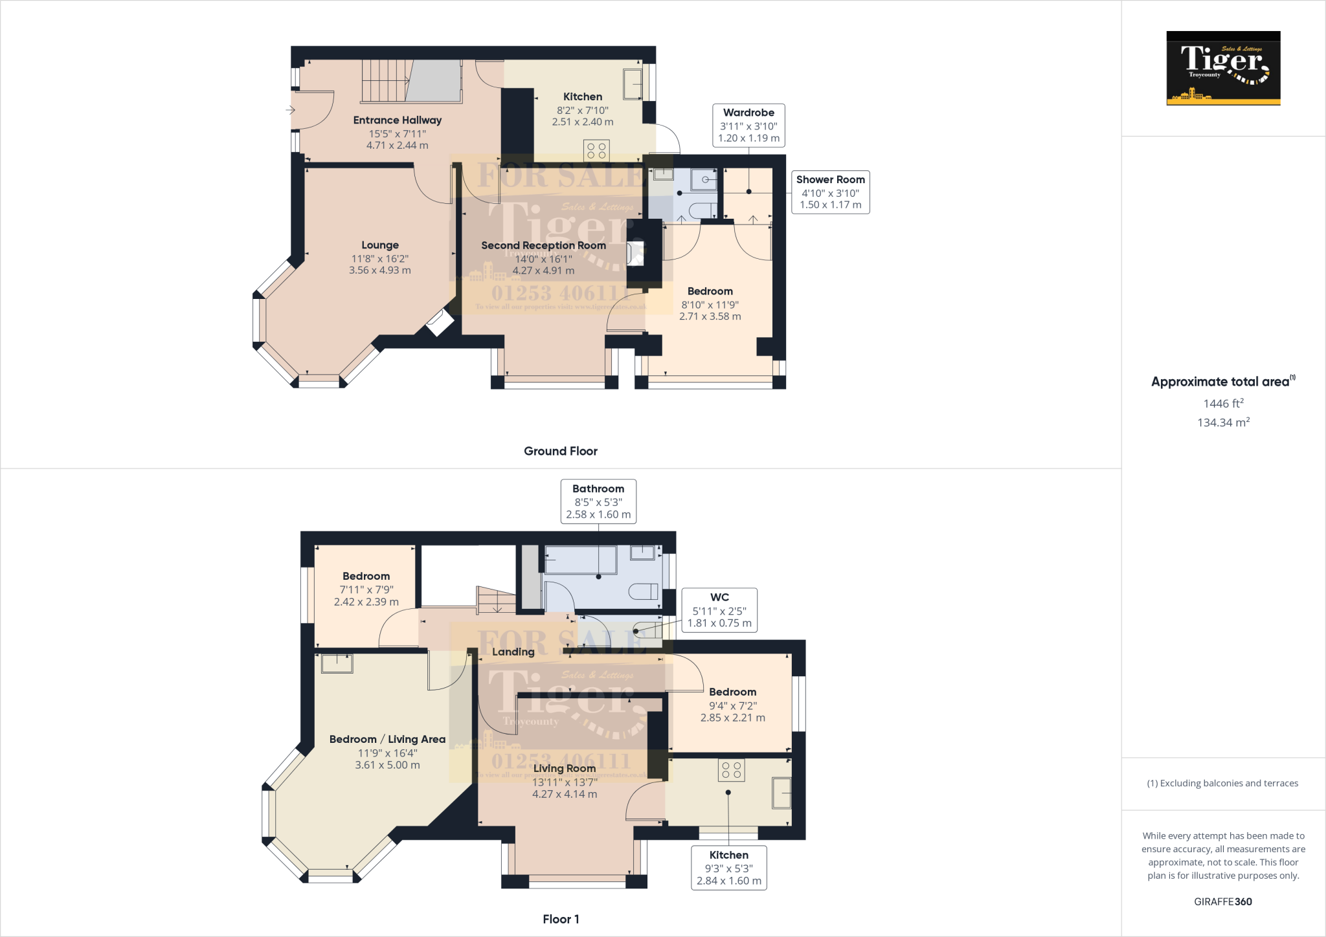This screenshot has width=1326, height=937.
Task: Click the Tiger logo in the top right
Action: (1223, 68)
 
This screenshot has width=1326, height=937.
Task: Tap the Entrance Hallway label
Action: (398, 120)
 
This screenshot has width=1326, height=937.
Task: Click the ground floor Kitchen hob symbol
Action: (596, 151)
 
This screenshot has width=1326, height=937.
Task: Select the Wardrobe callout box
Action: (748, 125)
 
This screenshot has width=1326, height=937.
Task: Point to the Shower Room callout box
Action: (830, 192)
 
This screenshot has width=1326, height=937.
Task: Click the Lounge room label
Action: (380, 245)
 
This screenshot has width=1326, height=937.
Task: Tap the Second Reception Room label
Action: (543, 246)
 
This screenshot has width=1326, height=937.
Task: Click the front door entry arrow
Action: (290, 110)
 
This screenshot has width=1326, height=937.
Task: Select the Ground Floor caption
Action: (560, 451)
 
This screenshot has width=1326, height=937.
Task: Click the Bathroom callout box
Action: (598, 501)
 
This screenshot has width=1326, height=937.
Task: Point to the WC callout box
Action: (719, 610)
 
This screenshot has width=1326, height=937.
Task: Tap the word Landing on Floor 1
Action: (513, 652)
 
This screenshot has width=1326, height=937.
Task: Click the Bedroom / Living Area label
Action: (387, 739)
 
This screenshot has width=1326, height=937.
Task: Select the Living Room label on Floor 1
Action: (564, 768)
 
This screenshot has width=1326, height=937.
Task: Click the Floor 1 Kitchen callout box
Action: (728, 867)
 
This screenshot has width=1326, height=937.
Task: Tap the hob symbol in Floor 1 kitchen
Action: (731, 770)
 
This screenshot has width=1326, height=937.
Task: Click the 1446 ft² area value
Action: (1223, 404)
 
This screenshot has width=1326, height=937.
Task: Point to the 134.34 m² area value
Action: (1223, 423)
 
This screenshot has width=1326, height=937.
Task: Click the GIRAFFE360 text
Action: (1222, 901)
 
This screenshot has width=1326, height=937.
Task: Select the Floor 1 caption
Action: (561, 919)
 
